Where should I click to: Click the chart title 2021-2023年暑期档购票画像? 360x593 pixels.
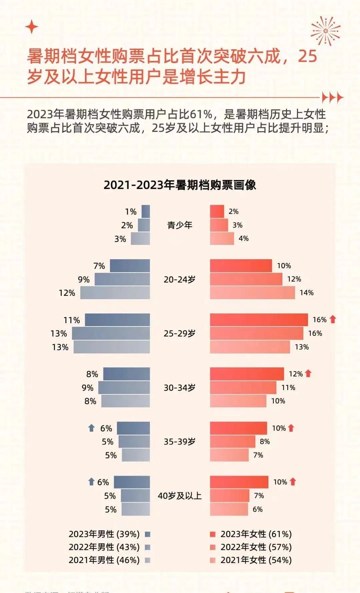tap(180, 185)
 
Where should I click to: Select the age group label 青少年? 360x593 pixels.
tap(180, 225)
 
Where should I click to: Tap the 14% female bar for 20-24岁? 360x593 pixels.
tap(252, 293)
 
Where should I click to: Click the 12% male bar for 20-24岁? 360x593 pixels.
tap(115, 293)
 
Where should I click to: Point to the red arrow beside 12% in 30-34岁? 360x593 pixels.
tap(308, 373)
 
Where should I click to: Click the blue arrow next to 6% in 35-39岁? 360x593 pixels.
tap(91, 428)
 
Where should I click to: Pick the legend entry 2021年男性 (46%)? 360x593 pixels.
tap(104, 560)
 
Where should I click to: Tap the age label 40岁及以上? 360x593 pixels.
tap(180, 496)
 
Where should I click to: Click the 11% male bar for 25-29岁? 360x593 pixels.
tap(117, 320)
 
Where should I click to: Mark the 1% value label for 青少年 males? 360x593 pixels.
tap(131, 212)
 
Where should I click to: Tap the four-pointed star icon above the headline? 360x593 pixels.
tap(32, 27)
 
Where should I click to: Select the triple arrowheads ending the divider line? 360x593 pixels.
tap(332, 98)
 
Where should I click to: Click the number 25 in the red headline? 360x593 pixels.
tap(307, 56)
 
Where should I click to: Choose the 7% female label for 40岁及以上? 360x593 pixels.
tap(259, 496)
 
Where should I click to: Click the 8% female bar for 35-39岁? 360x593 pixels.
tap(233, 442)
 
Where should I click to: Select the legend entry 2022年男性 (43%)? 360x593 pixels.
tap(104, 547)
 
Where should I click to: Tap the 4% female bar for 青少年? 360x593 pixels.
tap(222, 239)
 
